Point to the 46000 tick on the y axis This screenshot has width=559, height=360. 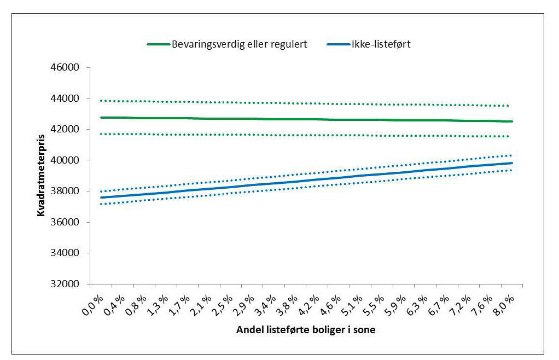pos(66,68)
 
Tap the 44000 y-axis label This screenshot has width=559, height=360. pos(66,98)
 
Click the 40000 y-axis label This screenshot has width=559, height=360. pos(66,160)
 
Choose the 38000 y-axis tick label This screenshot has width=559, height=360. pos(66,191)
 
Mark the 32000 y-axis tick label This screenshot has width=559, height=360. pos(66,284)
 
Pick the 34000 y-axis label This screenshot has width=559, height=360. pos(66,253)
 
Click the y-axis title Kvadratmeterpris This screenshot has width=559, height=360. pos(41,176)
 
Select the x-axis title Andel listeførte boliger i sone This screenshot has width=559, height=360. pos(306,330)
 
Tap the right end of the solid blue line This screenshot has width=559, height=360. pos(512,163)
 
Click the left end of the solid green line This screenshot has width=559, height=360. pos(101,118)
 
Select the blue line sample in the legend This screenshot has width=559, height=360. pos(337,45)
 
